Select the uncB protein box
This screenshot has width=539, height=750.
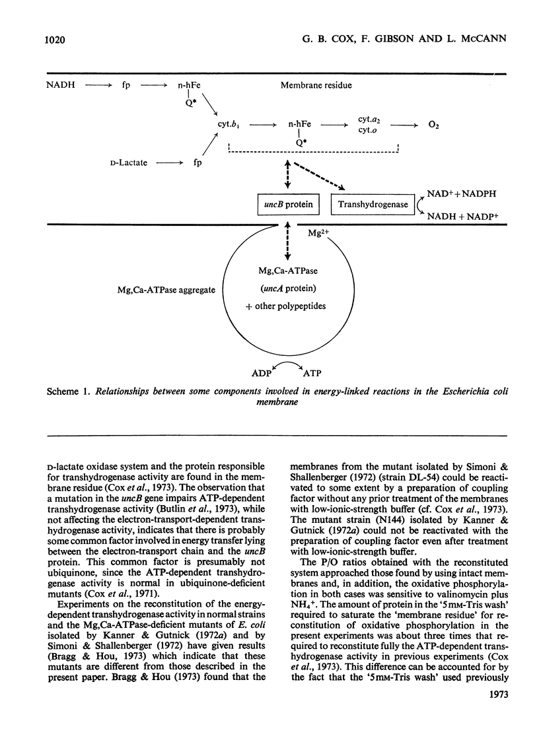point(286,204)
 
